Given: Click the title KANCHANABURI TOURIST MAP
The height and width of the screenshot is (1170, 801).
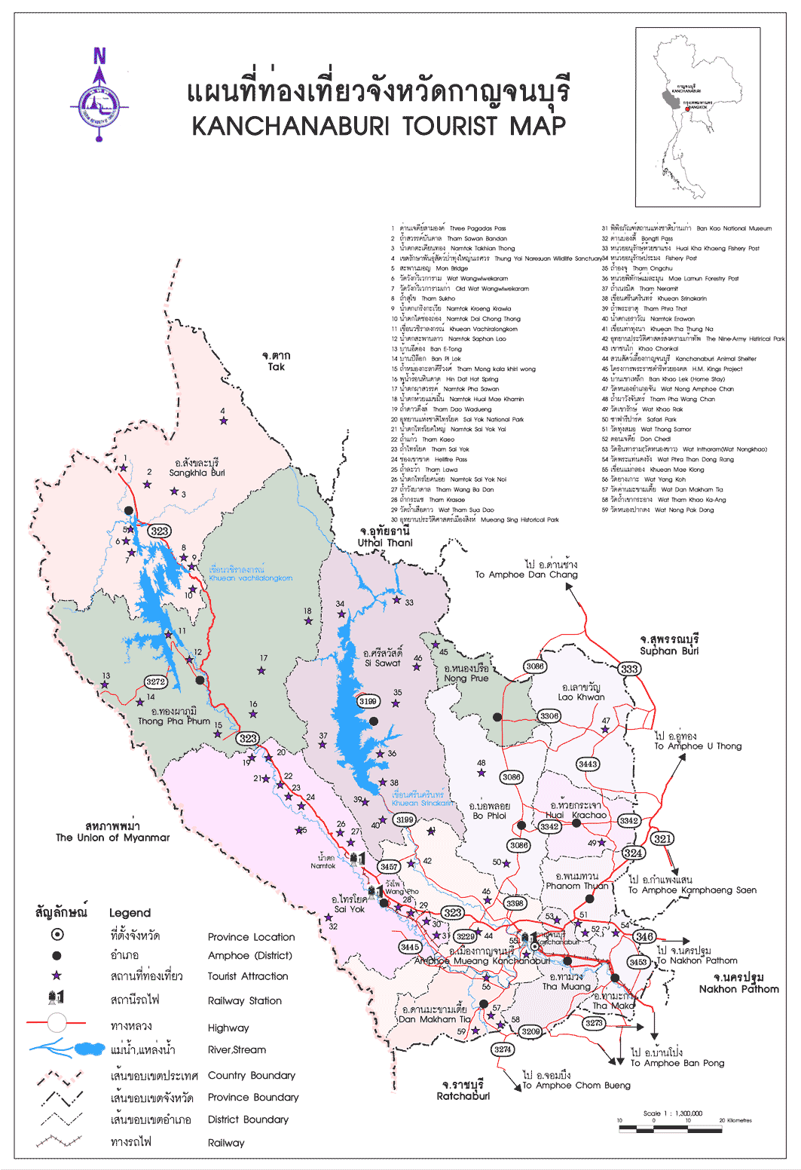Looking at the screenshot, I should [x=378, y=126].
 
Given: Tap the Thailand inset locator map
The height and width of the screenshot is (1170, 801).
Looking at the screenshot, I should [x=697, y=117].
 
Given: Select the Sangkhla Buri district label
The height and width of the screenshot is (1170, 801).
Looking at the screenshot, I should [x=197, y=468].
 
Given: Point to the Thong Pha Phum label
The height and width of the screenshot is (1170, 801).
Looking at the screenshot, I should [x=174, y=716].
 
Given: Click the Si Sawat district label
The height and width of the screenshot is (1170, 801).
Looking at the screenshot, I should [x=383, y=658].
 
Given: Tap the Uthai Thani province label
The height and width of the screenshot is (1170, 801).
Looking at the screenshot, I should [x=385, y=537].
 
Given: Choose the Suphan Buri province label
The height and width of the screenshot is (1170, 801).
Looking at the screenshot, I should [x=669, y=645].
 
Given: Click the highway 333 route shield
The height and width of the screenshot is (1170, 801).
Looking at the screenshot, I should [x=629, y=669].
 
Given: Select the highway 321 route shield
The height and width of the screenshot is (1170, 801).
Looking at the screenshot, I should [x=662, y=838].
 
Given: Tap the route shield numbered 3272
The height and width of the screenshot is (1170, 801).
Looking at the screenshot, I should [x=155, y=681].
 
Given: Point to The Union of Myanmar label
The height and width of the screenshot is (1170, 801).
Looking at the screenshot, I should [x=113, y=832].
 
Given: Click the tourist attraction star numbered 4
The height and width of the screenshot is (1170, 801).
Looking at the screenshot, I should [x=223, y=421].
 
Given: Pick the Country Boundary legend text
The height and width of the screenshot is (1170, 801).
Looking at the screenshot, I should [x=251, y=1075].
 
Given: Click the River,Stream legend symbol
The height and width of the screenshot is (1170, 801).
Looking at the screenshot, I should [x=68, y=1048].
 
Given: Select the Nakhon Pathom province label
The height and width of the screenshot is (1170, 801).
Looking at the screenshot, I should [x=738, y=984].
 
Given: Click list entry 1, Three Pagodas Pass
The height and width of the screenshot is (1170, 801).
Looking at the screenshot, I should [x=450, y=228].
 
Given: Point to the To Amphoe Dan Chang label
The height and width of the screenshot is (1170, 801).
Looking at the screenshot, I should [x=526, y=570].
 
